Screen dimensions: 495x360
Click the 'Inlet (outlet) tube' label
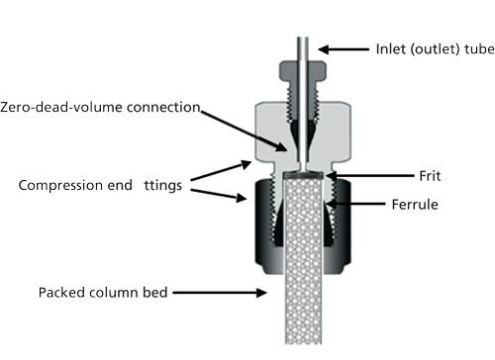click(435, 49)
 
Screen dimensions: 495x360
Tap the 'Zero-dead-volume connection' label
click(100, 107)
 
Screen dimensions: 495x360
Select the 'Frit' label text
click(430, 176)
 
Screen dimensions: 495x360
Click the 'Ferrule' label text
click(415, 205)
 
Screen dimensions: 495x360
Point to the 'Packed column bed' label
click(103, 293)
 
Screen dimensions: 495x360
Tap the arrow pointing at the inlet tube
click(344, 49)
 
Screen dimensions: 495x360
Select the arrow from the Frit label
click(369, 176)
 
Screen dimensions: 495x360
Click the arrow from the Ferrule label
click(355, 204)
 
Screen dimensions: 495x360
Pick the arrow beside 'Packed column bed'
click(220, 293)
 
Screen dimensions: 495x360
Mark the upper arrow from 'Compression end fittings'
click(221, 171)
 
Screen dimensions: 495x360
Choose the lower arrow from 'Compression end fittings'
click(219, 195)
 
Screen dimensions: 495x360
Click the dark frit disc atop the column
click(303, 176)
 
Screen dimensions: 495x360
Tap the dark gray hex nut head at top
click(303, 71)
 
